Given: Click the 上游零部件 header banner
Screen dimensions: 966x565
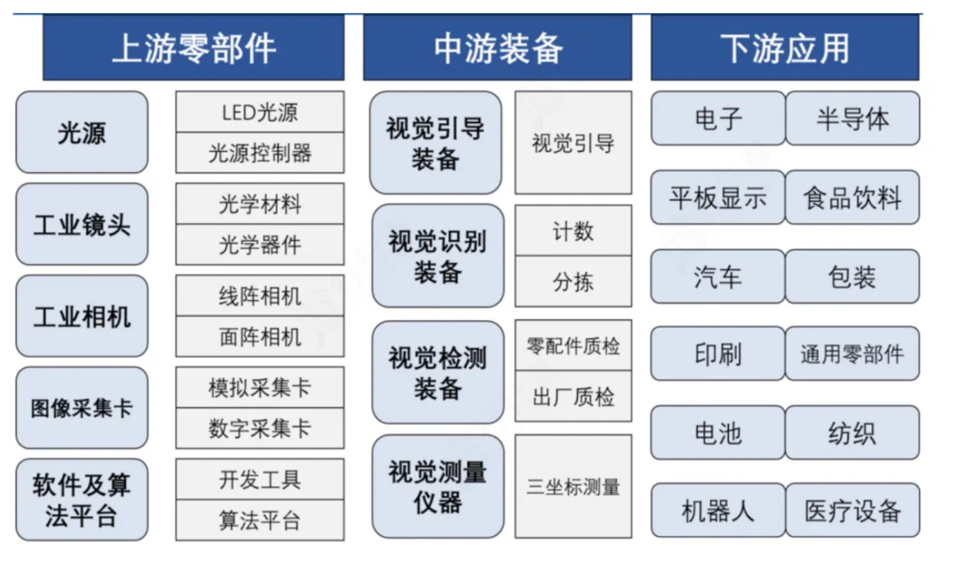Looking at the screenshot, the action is point(193,48).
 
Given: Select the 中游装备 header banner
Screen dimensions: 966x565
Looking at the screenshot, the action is point(497,48).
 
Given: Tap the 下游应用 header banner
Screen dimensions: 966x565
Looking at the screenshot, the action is point(785,48).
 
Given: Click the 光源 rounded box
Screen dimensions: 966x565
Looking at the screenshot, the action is point(82,132).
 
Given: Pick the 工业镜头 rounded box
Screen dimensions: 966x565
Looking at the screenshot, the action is point(82,224).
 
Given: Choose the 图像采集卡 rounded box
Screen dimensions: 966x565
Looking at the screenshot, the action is point(82,408).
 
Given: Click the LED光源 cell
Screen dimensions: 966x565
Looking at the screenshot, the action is point(260,111).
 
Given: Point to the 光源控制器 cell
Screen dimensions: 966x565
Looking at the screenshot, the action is point(260,153).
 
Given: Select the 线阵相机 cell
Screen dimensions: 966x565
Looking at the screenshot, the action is point(260,296).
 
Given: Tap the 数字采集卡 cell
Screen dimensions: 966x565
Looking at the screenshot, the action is point(260,429).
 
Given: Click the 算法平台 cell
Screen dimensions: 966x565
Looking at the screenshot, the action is point(260,520).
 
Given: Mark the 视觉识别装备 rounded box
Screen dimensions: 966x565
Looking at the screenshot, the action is point(438,256).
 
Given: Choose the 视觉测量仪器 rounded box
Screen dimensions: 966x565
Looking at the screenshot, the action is point(438,486).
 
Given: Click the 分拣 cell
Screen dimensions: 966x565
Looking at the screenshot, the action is point(574,282).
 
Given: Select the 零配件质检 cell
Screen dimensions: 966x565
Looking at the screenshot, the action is point(574,345).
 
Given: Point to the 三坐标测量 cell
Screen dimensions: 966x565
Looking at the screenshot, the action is point(574,487).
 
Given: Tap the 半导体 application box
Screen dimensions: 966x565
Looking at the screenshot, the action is point(853,118).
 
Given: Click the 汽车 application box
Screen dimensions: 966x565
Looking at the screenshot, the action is point(718,276).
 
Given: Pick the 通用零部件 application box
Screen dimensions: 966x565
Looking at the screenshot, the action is point(853,353).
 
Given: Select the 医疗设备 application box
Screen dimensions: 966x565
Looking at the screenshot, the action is point(853,510).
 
